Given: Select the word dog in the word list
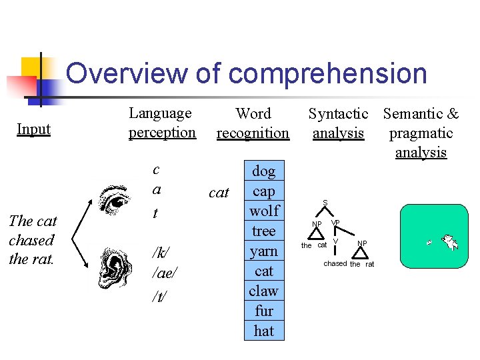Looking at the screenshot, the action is click(x=264, y=171).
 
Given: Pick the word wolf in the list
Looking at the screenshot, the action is click(x=264, y=211).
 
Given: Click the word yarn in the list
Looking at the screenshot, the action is click(x=264, y=251).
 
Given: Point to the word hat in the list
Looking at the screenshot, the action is click(x=264, y=331).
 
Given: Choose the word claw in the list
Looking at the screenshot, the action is click(x=264, y=291).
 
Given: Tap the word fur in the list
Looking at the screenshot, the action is click(x=264, y=311).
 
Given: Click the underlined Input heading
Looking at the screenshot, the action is click(x=33, y=129).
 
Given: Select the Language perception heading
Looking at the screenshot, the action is click(x=162, y=123).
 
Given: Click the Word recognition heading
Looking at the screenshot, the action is click(x=253, y=123).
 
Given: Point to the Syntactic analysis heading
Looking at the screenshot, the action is click(x=338, y=123).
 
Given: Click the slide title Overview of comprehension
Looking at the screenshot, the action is click(x=246, y=73).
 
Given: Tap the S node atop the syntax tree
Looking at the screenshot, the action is click(x=325, y=203).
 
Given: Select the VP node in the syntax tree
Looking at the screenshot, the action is click(x=335, y=223).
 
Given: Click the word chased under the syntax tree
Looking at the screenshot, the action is click(x=335, y=263).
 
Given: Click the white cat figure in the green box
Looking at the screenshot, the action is click(x=450, y=242).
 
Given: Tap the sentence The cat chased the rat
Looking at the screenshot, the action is click(x=33, y=239).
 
